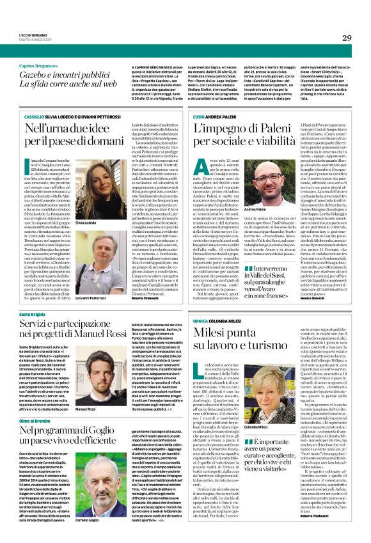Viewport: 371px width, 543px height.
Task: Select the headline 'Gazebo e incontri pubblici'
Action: click(x=61, y=75)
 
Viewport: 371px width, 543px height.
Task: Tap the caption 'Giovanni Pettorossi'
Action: click(x=85, y=281)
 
